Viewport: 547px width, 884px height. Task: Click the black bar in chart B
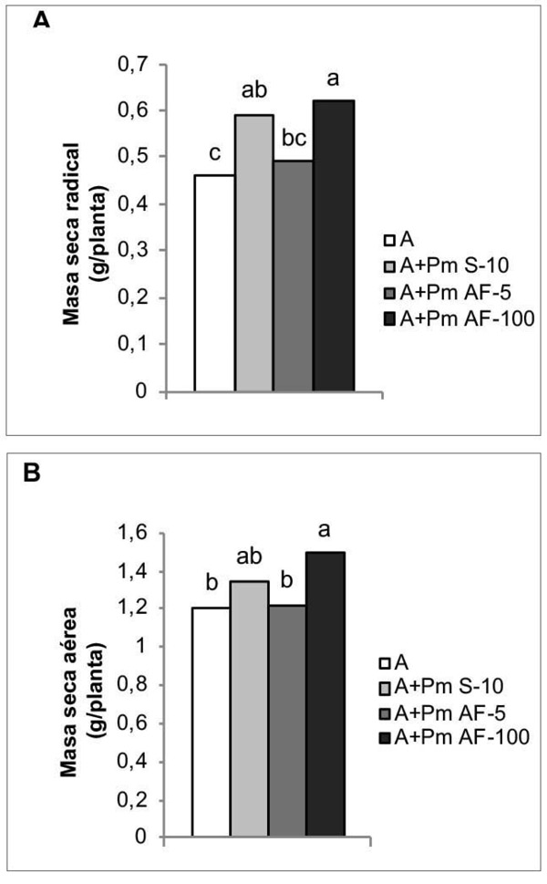coord(325,693)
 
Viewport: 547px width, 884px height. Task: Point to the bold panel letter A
coord(39,21)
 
